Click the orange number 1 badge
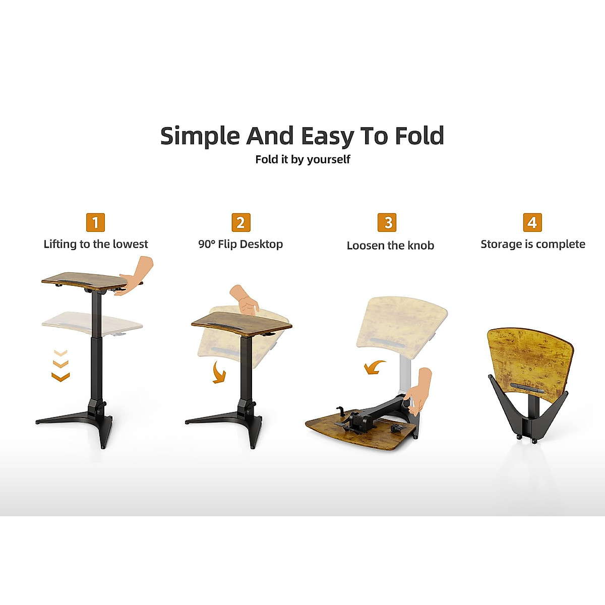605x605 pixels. coord(95,222)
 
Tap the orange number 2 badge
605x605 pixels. coord(240,222)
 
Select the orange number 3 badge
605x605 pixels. coord(387,222)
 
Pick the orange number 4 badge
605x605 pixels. coord(532,222)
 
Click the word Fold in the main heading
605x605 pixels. coord(419,136)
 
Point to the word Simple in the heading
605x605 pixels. coord(199,136)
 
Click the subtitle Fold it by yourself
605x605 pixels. coord(302,159)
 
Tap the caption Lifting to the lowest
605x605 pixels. coord(96,244)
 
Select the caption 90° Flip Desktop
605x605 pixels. coord(240,244)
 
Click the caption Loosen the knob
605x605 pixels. coord(390,246)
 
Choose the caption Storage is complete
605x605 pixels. coord(533,244)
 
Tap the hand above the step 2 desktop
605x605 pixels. coord(245,300)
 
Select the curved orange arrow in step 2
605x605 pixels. coord(219,372)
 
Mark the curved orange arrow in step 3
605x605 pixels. coord(374,367)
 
